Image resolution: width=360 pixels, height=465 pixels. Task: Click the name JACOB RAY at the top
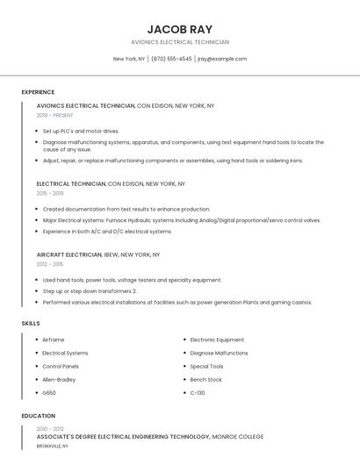click(x=180, y=29)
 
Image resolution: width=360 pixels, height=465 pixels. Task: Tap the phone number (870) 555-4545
click(x=171, y=59)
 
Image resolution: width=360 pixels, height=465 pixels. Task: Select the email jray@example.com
click(x=222, y=59)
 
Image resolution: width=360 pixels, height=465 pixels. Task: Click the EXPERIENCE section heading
click(x=38, y=92)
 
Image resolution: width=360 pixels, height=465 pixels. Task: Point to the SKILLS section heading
click(x=31, y=324)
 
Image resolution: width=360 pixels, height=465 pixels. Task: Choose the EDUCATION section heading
click(x=38, y=416)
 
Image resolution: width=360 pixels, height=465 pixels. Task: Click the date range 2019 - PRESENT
click(x=54, y=115)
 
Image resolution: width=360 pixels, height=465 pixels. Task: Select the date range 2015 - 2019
click(x=50, y=193)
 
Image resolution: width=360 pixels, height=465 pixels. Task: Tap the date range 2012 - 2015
click(x=50, y=263)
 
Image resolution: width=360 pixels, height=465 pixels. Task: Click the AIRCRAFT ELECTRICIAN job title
click(x=69, y=254)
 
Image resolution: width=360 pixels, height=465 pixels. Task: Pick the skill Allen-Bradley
click(x=59, y=379)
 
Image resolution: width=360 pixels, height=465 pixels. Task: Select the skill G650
click(x=49, y=392)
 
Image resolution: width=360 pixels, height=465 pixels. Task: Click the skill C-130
click(x=198, y=392)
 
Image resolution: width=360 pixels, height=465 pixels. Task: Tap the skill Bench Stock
click(x=206, y=379)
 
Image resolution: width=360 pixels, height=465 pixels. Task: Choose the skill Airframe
click(x=54, y=340)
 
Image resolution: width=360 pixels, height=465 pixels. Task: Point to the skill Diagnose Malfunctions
click(x=219, y=353)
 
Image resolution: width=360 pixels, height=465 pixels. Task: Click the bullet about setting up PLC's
click(x=81, y=131)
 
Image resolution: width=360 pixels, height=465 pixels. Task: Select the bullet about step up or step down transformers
click(x=90, y=290)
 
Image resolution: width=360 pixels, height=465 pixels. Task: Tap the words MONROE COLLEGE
click(x=238, y=436)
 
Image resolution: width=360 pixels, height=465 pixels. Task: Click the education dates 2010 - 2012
click(x=49, y=428)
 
